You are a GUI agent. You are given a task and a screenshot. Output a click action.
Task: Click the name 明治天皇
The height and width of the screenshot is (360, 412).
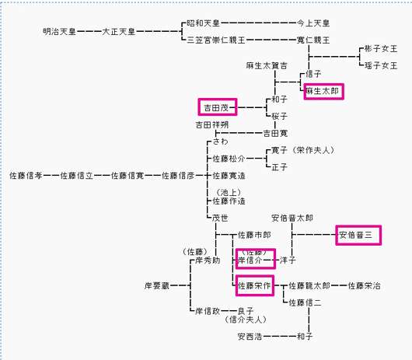click(x=59, y=32)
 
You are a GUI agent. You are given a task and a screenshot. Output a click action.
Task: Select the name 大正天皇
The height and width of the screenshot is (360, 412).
click(x=118, y=32)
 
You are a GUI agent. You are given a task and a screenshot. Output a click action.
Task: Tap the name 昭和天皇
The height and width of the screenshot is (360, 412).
click(x=203, y=23)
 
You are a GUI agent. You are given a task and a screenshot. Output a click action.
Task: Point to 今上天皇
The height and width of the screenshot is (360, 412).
click(x=313, y=23)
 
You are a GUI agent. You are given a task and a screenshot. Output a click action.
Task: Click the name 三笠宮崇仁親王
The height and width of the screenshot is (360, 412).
click(x=216, y=40)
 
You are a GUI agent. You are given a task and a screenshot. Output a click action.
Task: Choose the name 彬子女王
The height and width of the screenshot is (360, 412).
click(x=381, y=49)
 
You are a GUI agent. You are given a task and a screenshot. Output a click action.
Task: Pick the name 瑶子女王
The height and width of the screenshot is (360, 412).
click(x=381, y=65)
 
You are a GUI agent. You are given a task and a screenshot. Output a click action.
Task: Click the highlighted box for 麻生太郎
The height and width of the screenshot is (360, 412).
click(x=323, y=92)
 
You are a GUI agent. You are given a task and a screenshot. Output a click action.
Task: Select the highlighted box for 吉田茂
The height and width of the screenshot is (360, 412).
click(x=218, y=107)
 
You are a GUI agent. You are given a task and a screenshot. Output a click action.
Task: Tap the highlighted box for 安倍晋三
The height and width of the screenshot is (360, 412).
click(x=358, y=235)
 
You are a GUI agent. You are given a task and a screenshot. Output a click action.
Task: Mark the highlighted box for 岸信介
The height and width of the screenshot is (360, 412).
click(x=256, y=259)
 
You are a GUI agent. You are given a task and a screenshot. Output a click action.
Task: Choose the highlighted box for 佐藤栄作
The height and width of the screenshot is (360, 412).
click(x=255, y=285)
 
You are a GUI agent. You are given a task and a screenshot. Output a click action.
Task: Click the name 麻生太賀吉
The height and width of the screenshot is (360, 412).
click(x=267, y=65)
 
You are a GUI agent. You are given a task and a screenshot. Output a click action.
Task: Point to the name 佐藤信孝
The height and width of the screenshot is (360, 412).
click(x=26, y=176)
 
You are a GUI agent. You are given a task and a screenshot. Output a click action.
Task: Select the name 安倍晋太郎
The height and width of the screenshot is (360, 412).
click(x=292, y=218)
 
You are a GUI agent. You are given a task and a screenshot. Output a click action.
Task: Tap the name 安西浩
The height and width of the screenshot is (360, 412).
click(x=250, y=337)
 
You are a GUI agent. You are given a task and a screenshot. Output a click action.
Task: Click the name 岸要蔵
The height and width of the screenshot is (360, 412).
click(x=157, y=285)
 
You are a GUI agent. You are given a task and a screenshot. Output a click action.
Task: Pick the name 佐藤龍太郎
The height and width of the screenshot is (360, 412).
click(x=309, y=285)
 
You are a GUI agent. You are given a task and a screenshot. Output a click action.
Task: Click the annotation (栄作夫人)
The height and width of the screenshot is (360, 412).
click(x=314, y=150)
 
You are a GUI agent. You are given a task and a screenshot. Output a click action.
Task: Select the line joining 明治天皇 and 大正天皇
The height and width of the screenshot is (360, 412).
click(x=89, y=32)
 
